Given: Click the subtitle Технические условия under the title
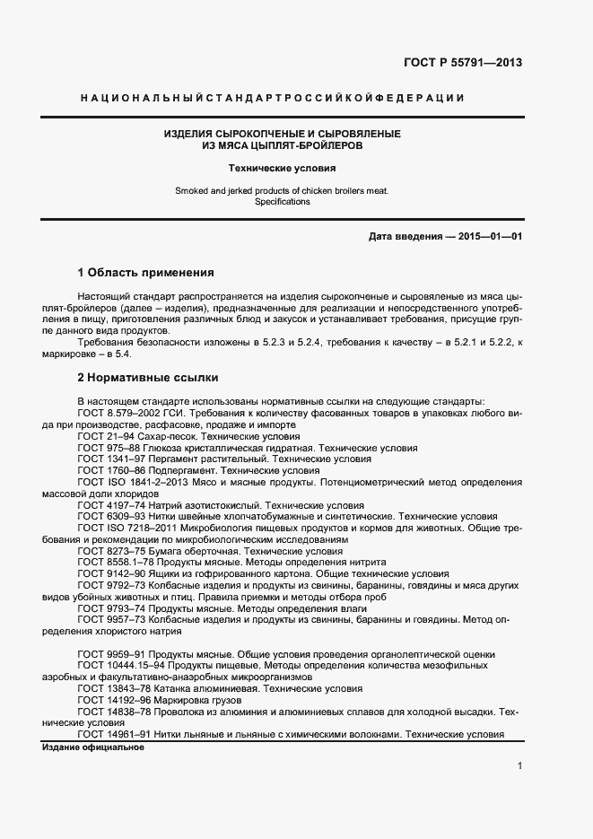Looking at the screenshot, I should pyautogui.click(x=282, y=168).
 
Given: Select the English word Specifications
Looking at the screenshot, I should pyautogui.click(x=282, y=202).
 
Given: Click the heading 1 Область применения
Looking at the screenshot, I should pyautogui.click(x=146, y=273).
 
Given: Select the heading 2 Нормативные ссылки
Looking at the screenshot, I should pyautogui.click(x=148, y=379).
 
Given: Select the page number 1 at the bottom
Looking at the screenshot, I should pyautogui.click(x=519, y=765).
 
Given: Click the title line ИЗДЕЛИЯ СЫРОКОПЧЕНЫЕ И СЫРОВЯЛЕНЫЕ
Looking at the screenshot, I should pyautogui.click(x=282, y=134).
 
